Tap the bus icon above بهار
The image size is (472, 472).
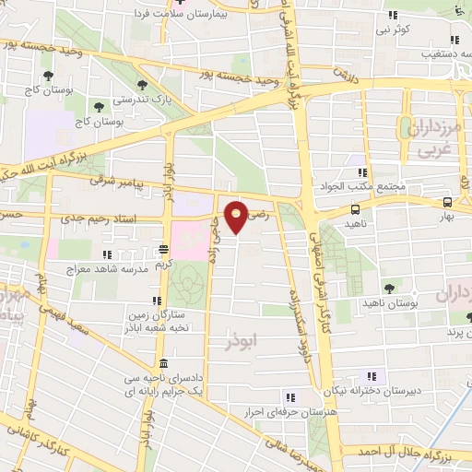(x=447, y=203)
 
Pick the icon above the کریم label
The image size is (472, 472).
(x=163, y=249)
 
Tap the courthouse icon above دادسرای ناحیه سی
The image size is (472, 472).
(x=164, y=362)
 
